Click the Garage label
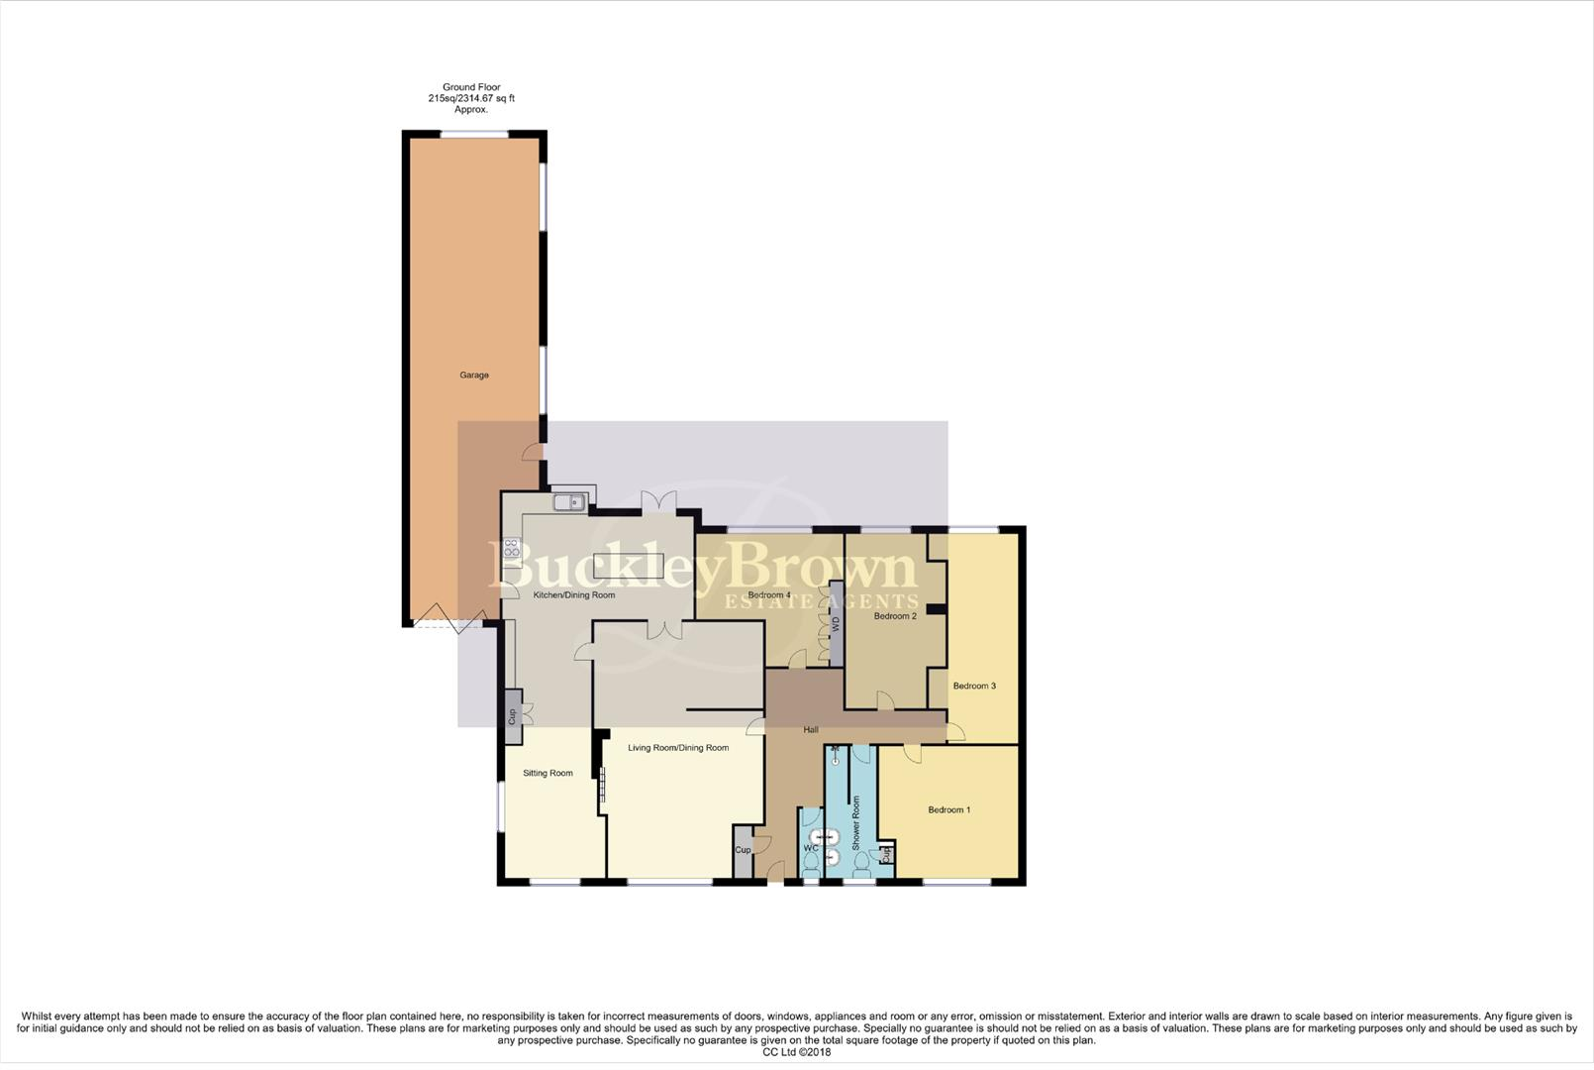[x=473, y=375]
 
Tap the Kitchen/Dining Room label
[x=574, y=595]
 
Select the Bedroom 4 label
[x=769, y=595]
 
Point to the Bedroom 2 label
[x=895, y=616]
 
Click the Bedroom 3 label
[x=974, y=686]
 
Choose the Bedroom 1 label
[x=948, y=809]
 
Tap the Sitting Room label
[x=548, y=773]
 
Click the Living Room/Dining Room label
[x=678, y=748]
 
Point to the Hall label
[x=811, y=730]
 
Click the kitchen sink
[x=569, y=502]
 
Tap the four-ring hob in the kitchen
[x=511, y=548]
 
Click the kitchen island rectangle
[x=629, y=565]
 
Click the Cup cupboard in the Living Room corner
[x=743, y=850]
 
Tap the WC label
[x=811, y=849]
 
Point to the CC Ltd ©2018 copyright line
[x=796, y=1052]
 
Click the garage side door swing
[x=534, y=453]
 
